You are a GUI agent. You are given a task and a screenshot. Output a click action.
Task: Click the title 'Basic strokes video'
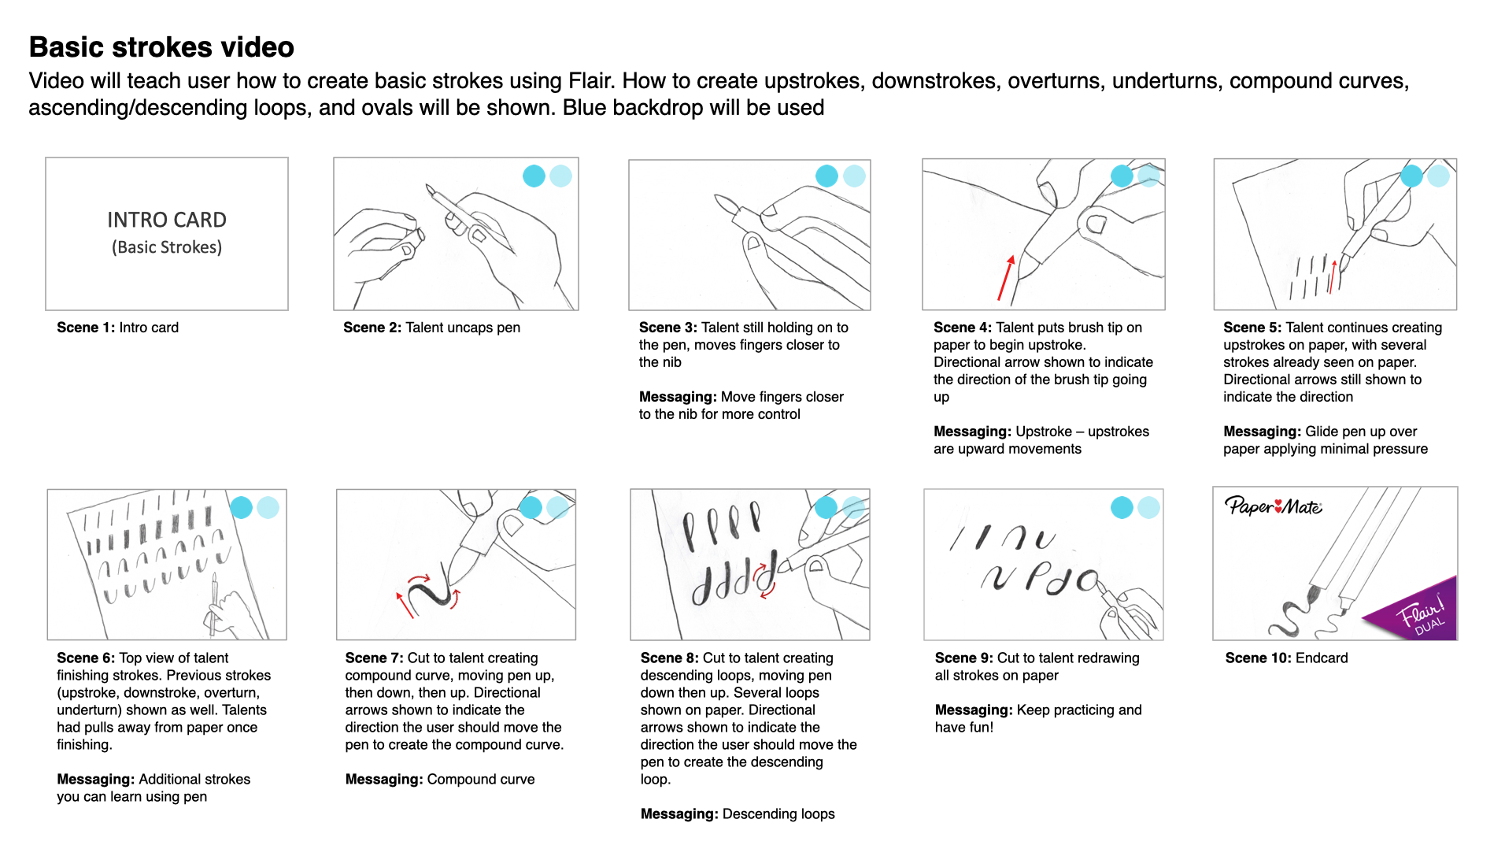[x=161, y=47]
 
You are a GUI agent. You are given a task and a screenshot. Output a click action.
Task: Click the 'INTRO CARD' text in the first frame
[x=167, y=220]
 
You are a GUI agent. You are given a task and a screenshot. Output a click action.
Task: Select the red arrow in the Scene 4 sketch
[x=1005, y=278]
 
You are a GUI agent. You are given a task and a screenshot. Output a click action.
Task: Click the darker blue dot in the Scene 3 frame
[x=826, y=176]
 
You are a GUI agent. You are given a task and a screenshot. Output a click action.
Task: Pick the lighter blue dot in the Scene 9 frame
[x=1148, y=507]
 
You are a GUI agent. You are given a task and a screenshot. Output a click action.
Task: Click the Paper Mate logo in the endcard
[x=1273, y=506]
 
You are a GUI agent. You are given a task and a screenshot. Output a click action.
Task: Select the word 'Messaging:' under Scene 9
[x=974, y=710]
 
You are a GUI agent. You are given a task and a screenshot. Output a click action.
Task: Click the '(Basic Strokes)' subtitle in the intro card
[x=167, y=247]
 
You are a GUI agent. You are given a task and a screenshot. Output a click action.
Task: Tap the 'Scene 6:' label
[x=86, y=658]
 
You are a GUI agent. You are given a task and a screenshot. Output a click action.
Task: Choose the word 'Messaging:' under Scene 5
[x=1262, y=432]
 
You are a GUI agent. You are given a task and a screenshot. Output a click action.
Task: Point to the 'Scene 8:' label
[x=669, y=658]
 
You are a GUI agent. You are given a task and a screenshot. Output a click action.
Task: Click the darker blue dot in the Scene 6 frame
[x=241, y=507]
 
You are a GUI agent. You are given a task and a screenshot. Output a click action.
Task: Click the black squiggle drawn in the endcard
[x=1291, y=618]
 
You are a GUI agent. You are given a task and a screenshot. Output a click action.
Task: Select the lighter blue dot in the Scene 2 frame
[x=560, y=176]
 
